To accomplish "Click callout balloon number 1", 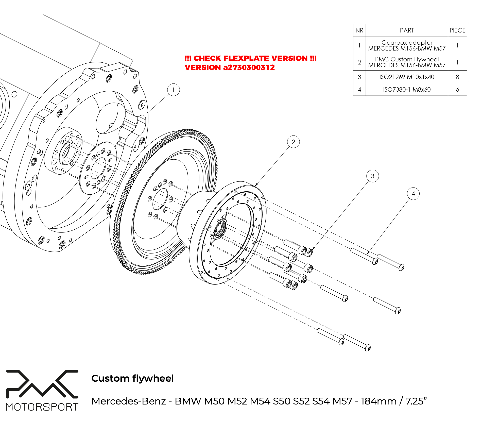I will pos(174,90).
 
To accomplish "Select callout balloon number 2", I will pos(293,142).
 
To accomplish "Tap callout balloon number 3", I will pos(372,176).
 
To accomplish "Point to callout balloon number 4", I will pos(413,194).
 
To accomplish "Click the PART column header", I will pos(407,30).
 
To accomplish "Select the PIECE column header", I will pos(457,30).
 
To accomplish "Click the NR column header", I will pos(359,30).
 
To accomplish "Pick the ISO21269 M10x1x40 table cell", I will pos(407,77).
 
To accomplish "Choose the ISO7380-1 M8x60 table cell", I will pos(407,90).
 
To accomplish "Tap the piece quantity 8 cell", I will pos(457,77).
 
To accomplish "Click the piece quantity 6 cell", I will pos(457,90).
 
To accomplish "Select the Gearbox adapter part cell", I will pos(407,46).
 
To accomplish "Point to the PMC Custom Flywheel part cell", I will pos(407,62).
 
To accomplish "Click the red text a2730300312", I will pos(249,67).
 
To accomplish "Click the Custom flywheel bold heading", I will pos(132,378).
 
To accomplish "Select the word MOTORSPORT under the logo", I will pos(42,407).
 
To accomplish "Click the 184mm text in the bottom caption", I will pos(378,401).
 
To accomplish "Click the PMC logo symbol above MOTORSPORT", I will pos(42,384).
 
